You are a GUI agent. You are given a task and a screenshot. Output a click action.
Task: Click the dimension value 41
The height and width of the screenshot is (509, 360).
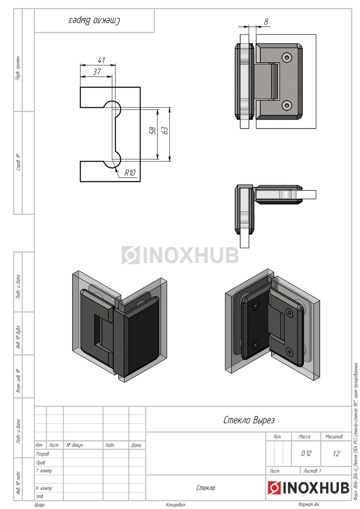point(101,60)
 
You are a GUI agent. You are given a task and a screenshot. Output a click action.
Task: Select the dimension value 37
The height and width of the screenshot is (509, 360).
point(97,72)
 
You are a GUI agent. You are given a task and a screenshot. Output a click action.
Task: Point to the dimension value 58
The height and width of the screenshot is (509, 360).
point(153,131)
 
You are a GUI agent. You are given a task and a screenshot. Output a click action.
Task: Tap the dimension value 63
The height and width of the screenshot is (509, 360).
point(165,131)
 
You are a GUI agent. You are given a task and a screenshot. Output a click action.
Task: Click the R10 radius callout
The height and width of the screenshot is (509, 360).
point(130,173)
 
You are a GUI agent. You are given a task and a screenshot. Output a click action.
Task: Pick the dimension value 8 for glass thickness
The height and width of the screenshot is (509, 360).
point(266,22)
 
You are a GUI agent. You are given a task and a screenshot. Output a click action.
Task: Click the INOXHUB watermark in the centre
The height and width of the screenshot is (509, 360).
point(180,255)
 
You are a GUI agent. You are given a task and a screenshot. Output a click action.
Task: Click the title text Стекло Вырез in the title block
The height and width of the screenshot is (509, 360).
point(249,420)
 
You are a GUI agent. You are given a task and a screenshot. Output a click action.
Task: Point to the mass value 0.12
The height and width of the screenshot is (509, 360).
point(306,453)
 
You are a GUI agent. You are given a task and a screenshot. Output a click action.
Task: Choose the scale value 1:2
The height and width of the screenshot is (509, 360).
point(336,453)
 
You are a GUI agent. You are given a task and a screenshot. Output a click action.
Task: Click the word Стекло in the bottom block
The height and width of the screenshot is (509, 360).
point(206,488)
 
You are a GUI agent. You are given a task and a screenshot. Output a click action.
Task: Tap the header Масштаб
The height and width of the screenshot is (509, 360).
point(334,436)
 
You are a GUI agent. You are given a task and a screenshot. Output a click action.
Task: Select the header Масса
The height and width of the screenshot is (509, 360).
point(305,436)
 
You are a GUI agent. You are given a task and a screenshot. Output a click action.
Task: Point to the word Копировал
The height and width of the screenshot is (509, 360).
point(175,505)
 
